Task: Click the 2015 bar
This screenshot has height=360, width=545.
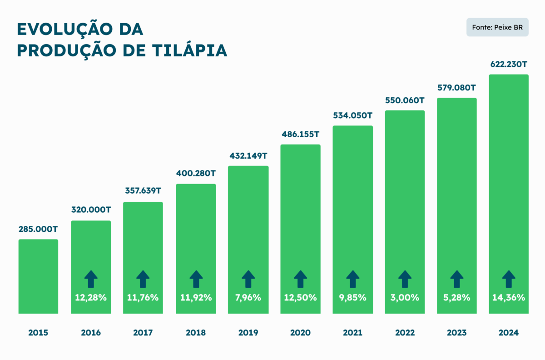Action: [x=38, y=276]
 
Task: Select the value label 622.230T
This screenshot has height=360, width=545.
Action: [x=509, y=65]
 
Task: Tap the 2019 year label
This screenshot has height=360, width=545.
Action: [x=248, y=333]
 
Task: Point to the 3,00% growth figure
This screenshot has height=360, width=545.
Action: [x=405, y=298]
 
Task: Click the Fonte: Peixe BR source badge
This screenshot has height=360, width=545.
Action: [x=497, y=27]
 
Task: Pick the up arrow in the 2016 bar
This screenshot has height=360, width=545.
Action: [x=91, y=279]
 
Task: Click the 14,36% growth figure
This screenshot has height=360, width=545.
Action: [x=509, y=298]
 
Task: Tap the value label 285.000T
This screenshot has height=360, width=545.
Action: [x=38, y=229]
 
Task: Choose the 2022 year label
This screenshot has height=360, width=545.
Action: [x=405, y=333]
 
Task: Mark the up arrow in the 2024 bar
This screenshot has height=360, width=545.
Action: [x=509, y=279]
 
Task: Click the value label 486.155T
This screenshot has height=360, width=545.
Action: [x=300, y=135]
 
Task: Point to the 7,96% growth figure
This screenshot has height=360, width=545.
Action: [x=248, y=298]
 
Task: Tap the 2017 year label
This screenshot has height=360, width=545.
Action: [x=143, y=333]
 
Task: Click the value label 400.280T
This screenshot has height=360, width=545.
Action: [x=196, y=174]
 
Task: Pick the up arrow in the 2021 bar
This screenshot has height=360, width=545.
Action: [x=352, y=279]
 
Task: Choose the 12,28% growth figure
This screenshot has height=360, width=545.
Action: [x=91, y=298]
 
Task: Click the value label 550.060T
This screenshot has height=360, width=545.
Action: [x=405, y=100]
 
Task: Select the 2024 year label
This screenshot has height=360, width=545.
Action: [x=509, y=333]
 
